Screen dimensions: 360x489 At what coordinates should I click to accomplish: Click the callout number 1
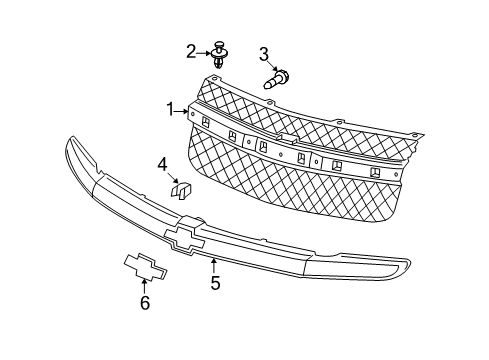(171, 108)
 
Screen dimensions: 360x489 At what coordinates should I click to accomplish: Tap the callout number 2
(191, 50)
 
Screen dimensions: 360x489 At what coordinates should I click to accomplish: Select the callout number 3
(264, 53)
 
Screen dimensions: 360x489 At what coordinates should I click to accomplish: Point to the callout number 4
(162, 163)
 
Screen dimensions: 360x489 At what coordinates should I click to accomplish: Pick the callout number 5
(215, 284)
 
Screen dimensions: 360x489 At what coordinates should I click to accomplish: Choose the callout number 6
(144, 303)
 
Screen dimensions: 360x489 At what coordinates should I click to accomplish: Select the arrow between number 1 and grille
(184, 111)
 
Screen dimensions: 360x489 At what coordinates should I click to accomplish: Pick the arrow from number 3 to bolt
(265, 69)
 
